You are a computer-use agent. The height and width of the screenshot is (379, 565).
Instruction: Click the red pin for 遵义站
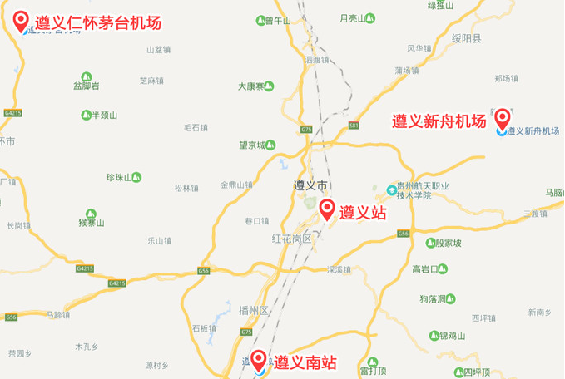pyautogui.click(x=327, y=209)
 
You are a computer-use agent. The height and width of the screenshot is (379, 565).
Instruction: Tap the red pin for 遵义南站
pyautogui.click(x=260, y=360)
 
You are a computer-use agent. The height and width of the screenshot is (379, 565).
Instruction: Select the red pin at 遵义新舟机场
pyautogui.click(x=502, y=118)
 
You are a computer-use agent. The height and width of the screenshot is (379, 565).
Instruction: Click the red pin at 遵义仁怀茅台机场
pyautogui.click(x=22, y=21)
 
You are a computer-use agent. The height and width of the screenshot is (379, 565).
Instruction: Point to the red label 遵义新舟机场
pyautogui.click(x=439, y=121)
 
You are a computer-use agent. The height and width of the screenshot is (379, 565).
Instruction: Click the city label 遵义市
pyautogui.click(x=311, y=185)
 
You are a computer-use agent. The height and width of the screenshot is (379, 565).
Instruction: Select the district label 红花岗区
pyautogui.click(x=290, y=239)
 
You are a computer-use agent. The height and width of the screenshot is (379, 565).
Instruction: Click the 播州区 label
pyautogui.click(x=250, y=311)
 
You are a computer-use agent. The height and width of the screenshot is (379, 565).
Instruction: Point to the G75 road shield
pyautogui.click(x=306, y=130)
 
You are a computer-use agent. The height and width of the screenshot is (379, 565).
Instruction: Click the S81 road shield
pyautogui.click(x=354, y=126)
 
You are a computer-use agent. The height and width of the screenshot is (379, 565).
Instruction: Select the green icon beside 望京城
pyautogui.click(x=270, y=145)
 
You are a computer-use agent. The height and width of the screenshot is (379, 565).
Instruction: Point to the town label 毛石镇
pyautogui.click(x=196, y=127)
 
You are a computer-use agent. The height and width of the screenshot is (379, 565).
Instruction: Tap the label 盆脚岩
pyautogui.click(x=87, y=86)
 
